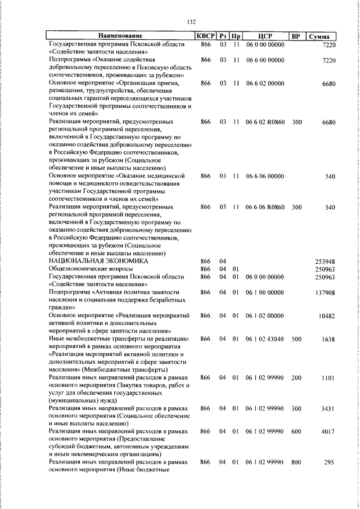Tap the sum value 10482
click(326, 316)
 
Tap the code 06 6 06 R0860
click(265, 206)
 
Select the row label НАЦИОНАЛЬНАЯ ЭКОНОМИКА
click(98, 261)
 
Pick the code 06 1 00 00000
click(265, 292)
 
